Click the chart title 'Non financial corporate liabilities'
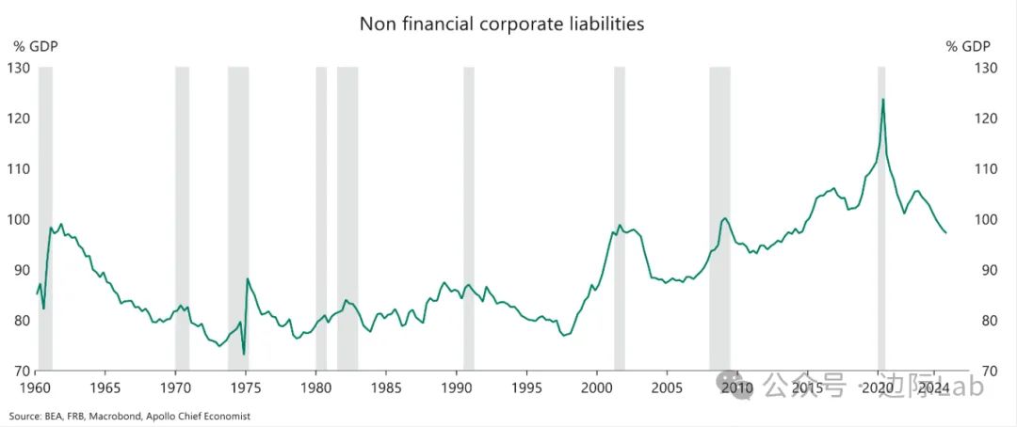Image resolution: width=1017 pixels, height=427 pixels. click(x=502, y=24)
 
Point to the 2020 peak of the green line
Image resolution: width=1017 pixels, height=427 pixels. click(x=882, y=100)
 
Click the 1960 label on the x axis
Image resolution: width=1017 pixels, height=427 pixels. click(x=36, y=387)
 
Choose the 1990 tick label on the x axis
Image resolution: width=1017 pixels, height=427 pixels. click(x=456, y=387)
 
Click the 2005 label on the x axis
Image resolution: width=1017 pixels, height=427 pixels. click(x=667, y=387)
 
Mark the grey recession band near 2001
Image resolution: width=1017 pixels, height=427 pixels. click(x=620, y=216)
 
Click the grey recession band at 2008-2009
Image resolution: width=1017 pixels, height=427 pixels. click(x=719, y=216)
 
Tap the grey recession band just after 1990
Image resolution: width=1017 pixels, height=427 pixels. click(x=469, y=216)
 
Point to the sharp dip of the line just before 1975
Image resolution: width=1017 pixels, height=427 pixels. click(x=244, y=354)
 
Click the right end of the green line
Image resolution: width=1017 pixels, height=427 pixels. click(x=945, y=232)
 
